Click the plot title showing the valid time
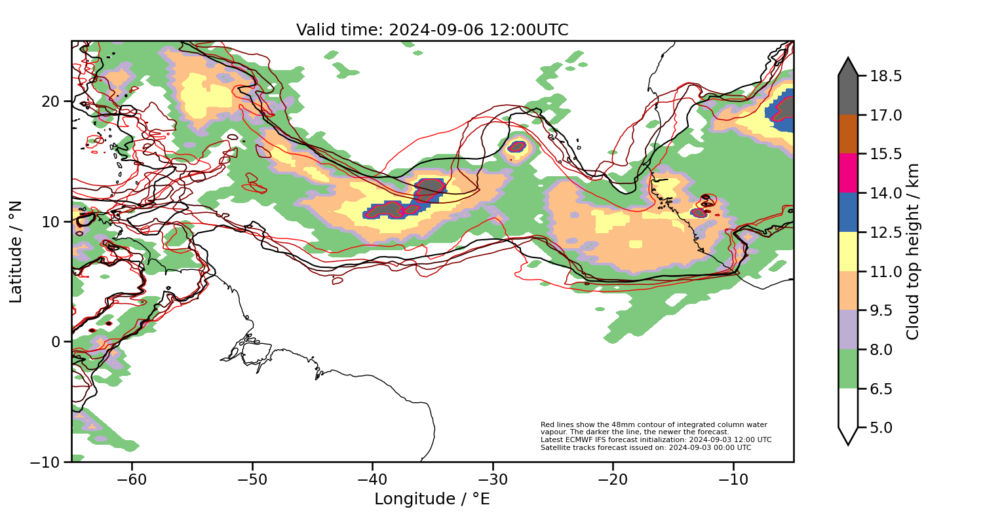(x=432, y=30)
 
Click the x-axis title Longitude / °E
(x=432, y=499)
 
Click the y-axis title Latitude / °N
(x=16, y=252)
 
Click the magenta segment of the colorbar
(x=848, y=173)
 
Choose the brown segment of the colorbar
(x=848, y=134)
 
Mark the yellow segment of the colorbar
(x=848, y=251)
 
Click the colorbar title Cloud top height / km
(x=913, y=252)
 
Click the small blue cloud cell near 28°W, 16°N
(x=516, y=147)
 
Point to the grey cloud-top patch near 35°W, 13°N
(x=430, y=187)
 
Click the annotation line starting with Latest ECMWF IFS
(x=655, y=440)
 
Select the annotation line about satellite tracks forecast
(x=646, y=447)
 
